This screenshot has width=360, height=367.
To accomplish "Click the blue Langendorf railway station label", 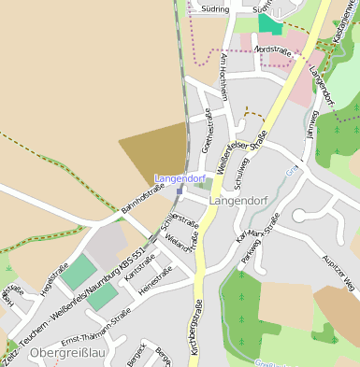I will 180,177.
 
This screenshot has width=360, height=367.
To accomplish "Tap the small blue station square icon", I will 180,189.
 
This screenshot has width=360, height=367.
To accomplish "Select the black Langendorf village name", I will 240,200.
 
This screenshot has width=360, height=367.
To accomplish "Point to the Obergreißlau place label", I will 65,354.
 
